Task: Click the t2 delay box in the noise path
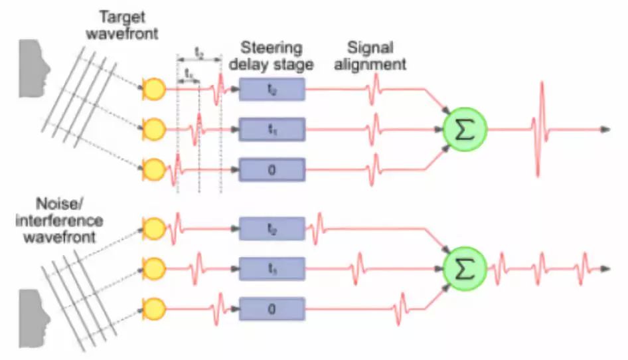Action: (x=272, y=229)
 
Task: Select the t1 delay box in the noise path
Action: (x=272, y=269)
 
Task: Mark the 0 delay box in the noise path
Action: (x=272, y=309)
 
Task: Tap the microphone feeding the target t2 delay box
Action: (x=154, y=88)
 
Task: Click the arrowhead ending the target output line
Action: (x=605, y=129)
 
